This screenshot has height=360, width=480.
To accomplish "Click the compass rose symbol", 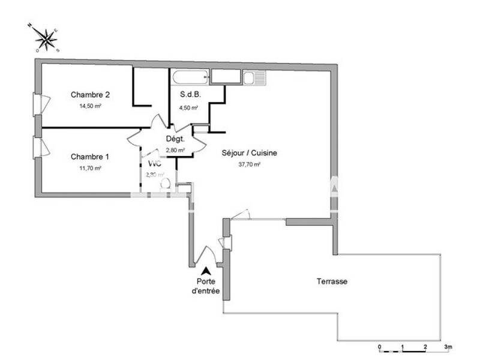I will (46, 39).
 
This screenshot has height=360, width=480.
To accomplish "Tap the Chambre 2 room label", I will (90, 95).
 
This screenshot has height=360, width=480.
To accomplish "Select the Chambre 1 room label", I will (90, 157).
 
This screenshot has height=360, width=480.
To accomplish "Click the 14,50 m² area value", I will (90, 106).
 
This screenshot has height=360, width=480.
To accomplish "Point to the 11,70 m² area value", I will (90, 169).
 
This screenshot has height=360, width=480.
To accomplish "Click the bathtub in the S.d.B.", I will (190, 77).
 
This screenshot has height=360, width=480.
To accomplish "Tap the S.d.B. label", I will (190, 95).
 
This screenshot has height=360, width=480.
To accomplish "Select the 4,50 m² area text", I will (188, 108).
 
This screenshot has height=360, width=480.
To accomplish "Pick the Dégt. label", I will (176, 139).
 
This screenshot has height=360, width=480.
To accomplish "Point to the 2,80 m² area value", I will (175, 151).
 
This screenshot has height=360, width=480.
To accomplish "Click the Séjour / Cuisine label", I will (249, 153).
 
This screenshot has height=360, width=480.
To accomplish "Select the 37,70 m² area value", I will (249, 164).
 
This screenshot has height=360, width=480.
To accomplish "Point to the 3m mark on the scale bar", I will (447, 347).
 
